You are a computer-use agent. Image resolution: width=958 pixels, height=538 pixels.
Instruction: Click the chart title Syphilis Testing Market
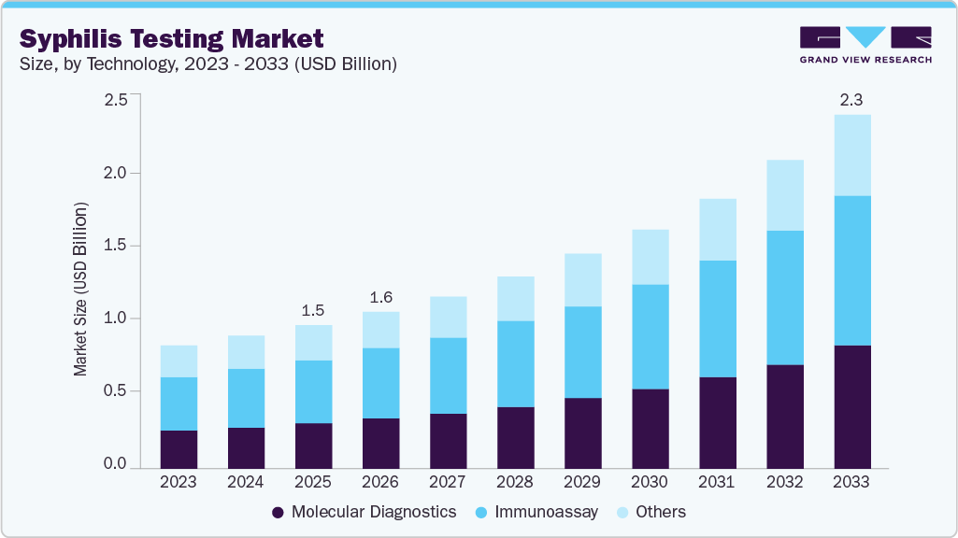point(172,38)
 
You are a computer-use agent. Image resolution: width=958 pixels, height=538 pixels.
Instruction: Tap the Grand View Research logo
point(865,44)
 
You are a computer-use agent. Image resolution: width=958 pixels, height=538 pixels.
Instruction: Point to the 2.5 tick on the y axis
point(116,100)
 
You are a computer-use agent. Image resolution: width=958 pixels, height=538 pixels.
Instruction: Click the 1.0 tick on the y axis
point(116,319)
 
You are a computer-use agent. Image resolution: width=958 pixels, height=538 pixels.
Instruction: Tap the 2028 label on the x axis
point(515,482)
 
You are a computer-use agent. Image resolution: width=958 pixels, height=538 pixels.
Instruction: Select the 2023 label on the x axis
point(179,482)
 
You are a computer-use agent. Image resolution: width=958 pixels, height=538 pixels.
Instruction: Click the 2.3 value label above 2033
point(851,100)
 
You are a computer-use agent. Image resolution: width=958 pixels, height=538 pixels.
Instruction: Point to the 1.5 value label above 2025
point(313,310)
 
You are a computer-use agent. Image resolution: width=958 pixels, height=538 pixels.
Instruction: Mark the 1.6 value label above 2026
point(380,297)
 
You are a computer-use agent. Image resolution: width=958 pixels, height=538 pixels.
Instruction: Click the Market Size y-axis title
point(81,289)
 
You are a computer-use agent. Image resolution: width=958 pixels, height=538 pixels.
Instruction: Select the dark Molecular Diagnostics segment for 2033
point(851,406)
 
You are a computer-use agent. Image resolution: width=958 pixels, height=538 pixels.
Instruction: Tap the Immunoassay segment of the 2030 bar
point(650,336)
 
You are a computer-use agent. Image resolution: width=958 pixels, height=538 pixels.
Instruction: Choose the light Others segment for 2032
point(784,195)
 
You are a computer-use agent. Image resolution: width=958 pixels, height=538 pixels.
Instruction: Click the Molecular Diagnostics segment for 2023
point(179,448)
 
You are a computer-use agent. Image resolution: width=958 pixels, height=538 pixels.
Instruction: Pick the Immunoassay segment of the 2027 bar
point(448,375)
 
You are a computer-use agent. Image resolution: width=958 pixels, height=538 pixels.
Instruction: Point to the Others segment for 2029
point(582,280)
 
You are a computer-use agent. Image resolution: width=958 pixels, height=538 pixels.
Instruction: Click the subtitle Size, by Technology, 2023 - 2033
point(208,64)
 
